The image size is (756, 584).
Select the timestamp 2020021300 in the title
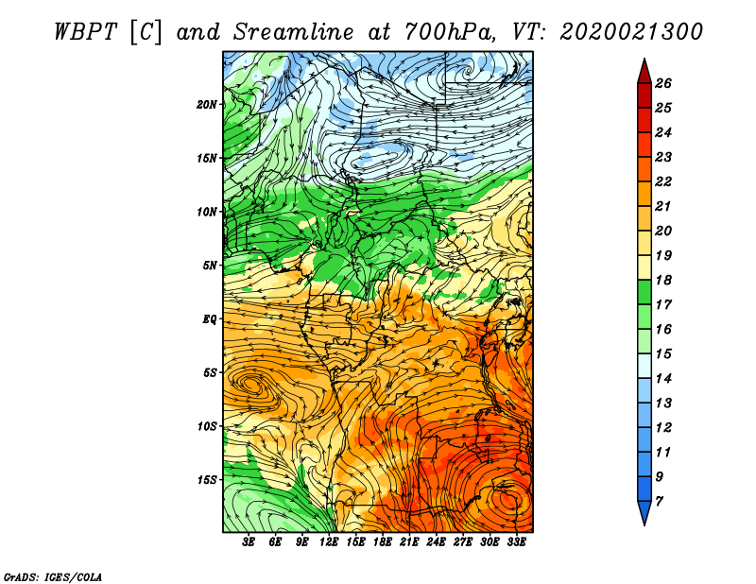coord(630,31)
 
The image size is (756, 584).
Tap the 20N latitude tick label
coord(207,104)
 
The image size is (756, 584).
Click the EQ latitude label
coord(209,319)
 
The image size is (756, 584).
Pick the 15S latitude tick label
coord(207,480)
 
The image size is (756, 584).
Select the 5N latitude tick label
coord(209,266)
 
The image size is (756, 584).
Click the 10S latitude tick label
coord(207,426)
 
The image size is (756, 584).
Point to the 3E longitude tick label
coord(249,542)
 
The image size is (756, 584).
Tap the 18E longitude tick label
coord(383,542)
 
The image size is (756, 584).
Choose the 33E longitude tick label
coord(516,542)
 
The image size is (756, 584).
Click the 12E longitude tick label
coord(329,542)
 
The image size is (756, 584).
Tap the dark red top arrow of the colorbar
coord(643,70)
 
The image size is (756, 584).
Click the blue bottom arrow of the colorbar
coord(643,514)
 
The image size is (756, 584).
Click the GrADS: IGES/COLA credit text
coord(52,575)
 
